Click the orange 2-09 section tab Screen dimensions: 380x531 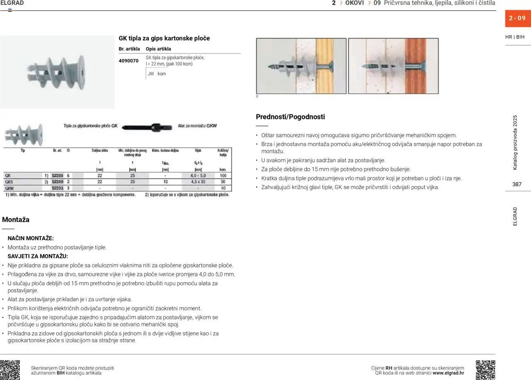click(517, 18)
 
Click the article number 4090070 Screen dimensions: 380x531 click(129, 61)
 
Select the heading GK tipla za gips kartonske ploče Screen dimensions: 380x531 click(164, 38)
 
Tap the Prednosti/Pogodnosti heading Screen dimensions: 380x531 click(290, 117)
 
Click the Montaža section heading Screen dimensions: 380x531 click(16, 220)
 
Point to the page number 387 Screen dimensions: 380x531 click(516, 184)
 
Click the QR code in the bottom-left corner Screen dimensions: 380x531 click(10, 370)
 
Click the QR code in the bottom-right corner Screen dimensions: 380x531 click(485, 370)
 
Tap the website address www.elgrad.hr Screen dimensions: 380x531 click(448, 373)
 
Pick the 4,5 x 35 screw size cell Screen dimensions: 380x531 click(198, 182)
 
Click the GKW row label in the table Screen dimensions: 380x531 click(9, 188)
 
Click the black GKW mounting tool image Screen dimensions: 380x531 click(148, 127)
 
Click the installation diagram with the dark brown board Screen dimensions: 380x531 click(393, 66)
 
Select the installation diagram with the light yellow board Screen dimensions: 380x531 click(301, 66)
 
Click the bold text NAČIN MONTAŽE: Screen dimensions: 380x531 click(31, 239)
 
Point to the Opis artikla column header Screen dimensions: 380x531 click(158, 49)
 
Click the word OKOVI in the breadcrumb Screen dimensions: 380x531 click(355, 3)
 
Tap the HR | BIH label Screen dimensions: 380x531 click(515, 37)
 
